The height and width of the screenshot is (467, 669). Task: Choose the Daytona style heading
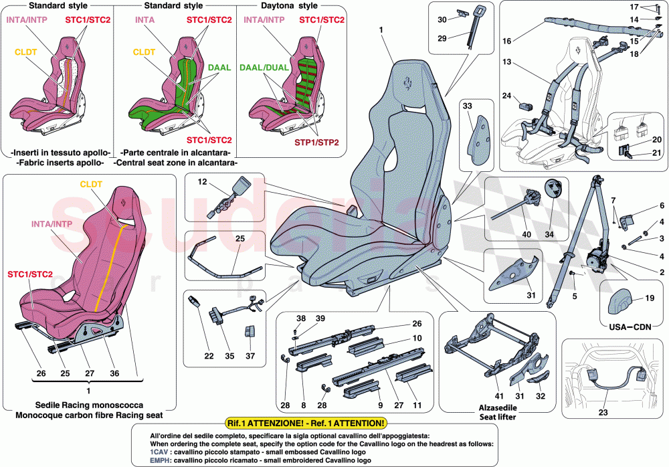pos(288,5)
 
